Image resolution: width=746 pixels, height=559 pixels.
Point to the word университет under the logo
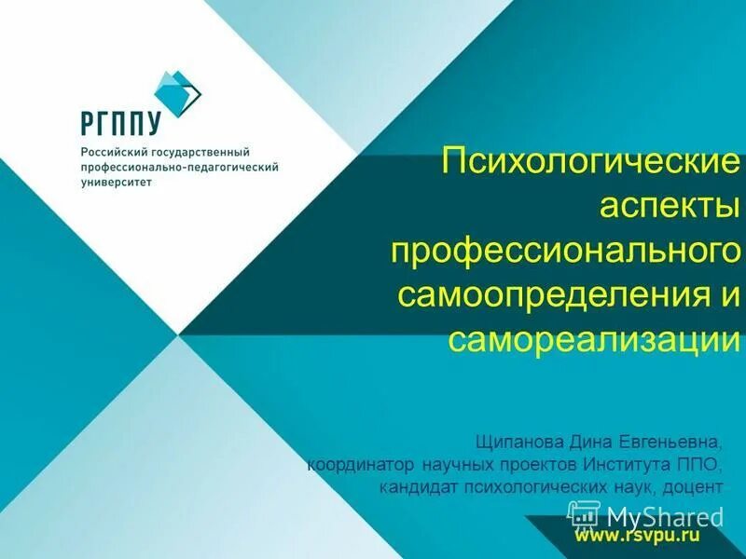click(117, 183)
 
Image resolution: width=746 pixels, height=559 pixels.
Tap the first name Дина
click(590, 438)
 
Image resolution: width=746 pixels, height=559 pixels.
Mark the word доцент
click(694, 486)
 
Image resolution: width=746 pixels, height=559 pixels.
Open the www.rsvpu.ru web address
click(636, 537)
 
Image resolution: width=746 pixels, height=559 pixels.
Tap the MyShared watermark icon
click(583, 514)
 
